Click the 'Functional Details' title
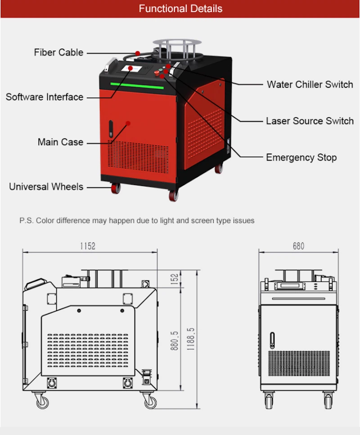point(180,9)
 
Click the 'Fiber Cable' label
point(58,52)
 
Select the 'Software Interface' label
point(45,97)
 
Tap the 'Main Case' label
point(60,142)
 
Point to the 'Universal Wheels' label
point(46,186)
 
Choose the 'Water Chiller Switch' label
point(310,84)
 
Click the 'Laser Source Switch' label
point(310,121)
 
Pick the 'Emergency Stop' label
point(301,157)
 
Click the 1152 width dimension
point(88,246)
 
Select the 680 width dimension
point(298,246)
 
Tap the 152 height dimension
point(175,278)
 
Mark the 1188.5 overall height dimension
point(191,339)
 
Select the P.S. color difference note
point(137,221)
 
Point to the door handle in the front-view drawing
point(272,340)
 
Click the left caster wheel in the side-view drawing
point(42,400)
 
